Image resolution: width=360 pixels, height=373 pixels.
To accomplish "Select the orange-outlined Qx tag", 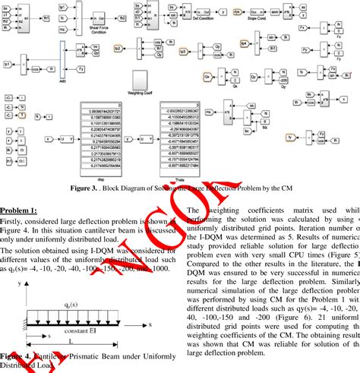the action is tap(207, 77).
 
